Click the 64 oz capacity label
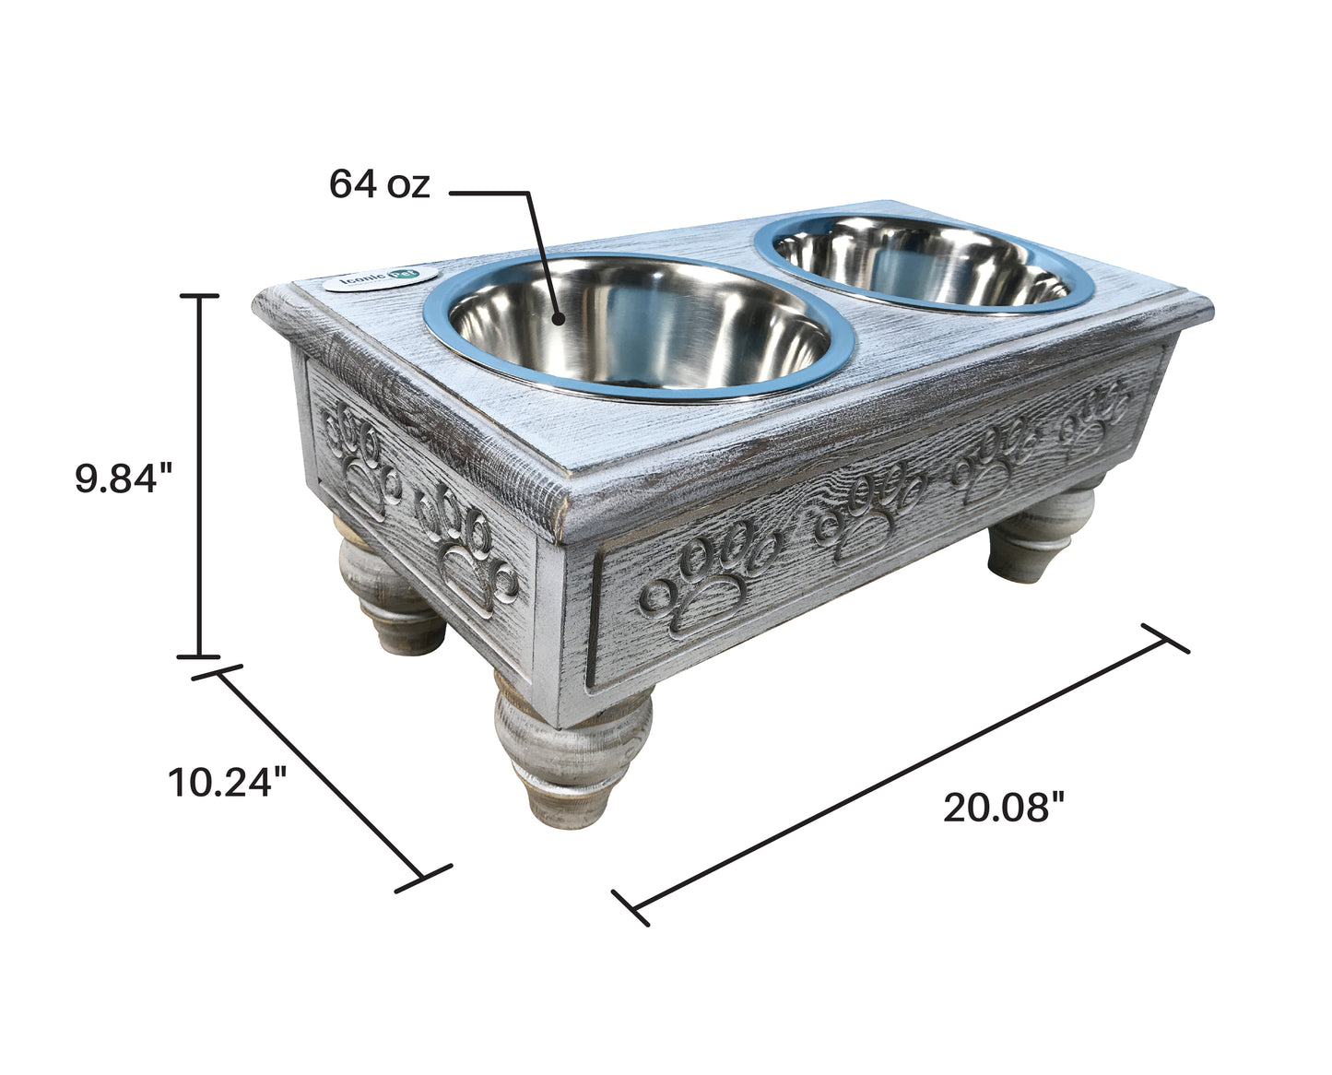tap(380, 185)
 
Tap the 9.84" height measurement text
tap(124, 479)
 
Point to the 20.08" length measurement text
tap(1004, 809)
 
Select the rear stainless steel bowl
tap(925, 262)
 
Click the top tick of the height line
tap(198, 296)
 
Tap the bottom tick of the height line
tap(198, 656)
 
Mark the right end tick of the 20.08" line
tap(1165, 638)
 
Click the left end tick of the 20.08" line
tap(631, 907)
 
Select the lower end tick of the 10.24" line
tap(424, 878)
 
